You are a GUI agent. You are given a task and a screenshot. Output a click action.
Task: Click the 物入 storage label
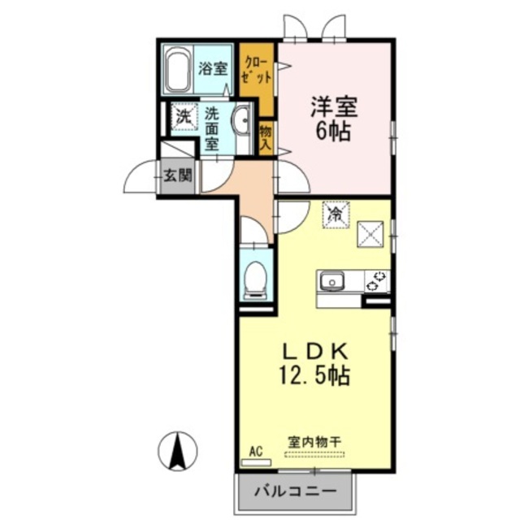[x=266, y=135]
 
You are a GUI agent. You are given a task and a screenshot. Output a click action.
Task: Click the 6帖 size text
[x=334, y=132]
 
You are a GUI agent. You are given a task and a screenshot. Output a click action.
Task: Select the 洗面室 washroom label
[x=213, y=128]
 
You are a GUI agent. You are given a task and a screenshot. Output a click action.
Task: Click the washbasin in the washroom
[x=242, y=123]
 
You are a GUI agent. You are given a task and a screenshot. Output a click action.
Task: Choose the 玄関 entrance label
[x=177, y=174]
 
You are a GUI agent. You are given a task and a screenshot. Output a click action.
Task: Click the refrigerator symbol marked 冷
[x=335, y=214]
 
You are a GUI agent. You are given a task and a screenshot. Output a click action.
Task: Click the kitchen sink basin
[x=331, y=281]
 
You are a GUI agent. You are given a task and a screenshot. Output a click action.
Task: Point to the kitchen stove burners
[x=377, y=281]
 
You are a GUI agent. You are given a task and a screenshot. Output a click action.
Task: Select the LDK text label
[x=315, y=351]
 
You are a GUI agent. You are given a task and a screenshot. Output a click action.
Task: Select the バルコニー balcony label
[x=297, y=492]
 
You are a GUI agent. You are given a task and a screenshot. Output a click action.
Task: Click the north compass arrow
[x=180, y=449]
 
